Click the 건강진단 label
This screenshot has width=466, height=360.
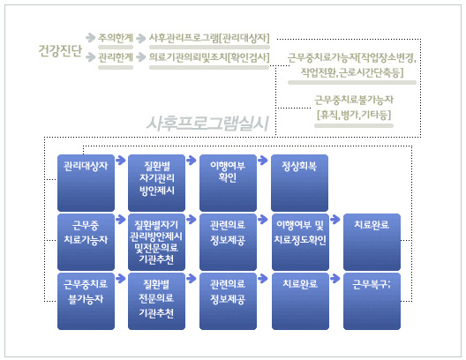[x=60, y=50]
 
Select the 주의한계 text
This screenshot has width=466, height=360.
[x=116, y=38]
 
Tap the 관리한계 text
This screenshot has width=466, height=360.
[x=116, y=56]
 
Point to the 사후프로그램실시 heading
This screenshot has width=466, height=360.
[x=207, y=124]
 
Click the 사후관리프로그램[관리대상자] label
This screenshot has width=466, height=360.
[x=209, y=38]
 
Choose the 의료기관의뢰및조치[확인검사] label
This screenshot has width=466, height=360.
[x=209, y=57]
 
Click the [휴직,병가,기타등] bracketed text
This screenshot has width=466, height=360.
[x=354, y=115]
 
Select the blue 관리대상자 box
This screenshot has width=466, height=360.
[x=86, y=183]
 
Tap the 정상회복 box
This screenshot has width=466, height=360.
[x=299, y=183]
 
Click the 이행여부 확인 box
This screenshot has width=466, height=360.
[x=228, y=183]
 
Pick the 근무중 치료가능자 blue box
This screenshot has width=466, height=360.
[x=86, y=242]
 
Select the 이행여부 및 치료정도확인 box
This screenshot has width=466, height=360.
[x=300, y=242]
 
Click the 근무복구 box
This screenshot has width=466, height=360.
[x=372, y=301]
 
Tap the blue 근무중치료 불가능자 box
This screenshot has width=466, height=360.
[x=86, y=301]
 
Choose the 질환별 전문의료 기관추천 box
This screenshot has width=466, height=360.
[x=156, y=301]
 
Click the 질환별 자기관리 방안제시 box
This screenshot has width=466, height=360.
[x=156, y=183]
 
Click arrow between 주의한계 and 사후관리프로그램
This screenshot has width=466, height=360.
[x=141, y=38]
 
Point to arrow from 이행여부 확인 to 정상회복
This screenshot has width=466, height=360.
[x=263, y=160]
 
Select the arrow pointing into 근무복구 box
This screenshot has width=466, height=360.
[x=335, y=279]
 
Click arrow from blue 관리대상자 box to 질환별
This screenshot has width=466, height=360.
[x=121, y=160]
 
